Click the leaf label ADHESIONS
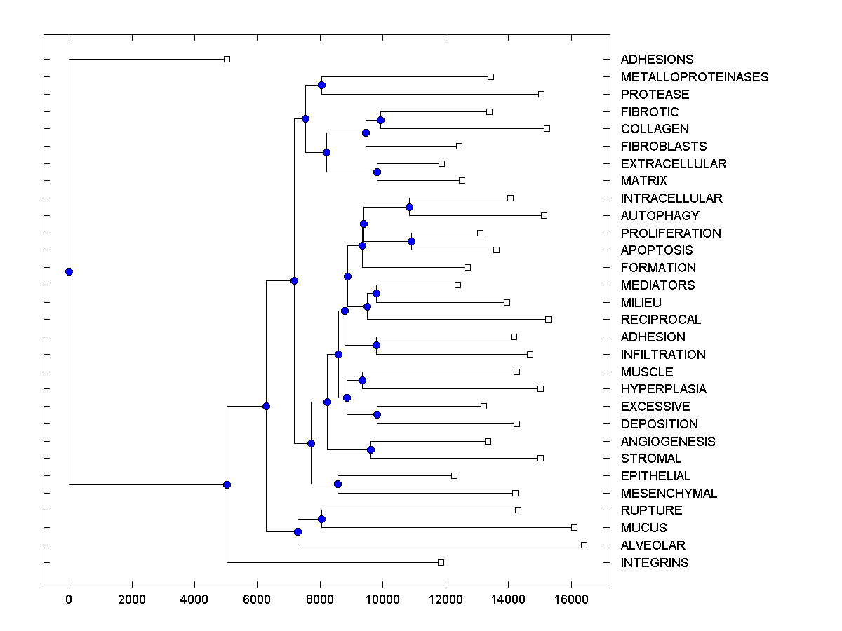click(657, 60)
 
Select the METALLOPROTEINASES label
click(695, 77)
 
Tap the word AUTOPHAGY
click(660, 216)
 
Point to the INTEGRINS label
click(655, 563)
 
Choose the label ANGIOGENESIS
click(668, 442)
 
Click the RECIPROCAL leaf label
click(661, 320)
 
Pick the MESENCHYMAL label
click(669, 494)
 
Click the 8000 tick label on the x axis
click(320, 599)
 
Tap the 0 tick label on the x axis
click(69, 599)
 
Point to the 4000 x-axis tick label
click(194, 599)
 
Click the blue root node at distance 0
click(69, 271)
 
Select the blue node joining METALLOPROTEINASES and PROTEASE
click(321, 85)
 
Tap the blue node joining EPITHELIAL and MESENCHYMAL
click(338, 484)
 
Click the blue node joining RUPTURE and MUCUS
click(321, 519)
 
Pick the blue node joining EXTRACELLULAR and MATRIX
click(377, 172)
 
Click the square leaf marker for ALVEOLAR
click(584, 545)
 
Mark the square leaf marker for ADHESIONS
click(227, 59)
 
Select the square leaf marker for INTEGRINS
click(441, 562)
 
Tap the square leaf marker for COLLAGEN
click(547, 128)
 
